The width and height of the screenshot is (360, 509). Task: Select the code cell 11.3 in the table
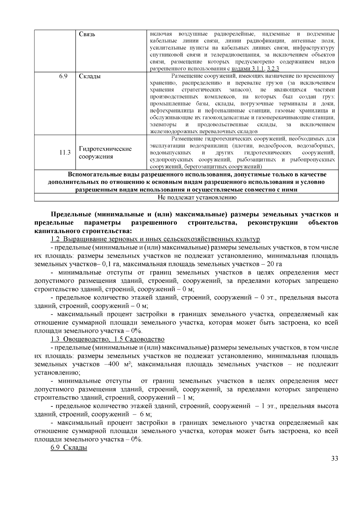[64, 153]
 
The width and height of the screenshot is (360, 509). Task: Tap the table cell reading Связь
[87, 34]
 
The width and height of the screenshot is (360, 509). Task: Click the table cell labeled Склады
[90, 76]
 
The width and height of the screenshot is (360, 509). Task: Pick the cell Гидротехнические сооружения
[105, 153]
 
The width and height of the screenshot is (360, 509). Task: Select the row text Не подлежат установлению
[197, 197]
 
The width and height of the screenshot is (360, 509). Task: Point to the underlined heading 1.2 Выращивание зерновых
[155, 239]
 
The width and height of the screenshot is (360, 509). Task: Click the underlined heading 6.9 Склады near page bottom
[69, 448]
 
